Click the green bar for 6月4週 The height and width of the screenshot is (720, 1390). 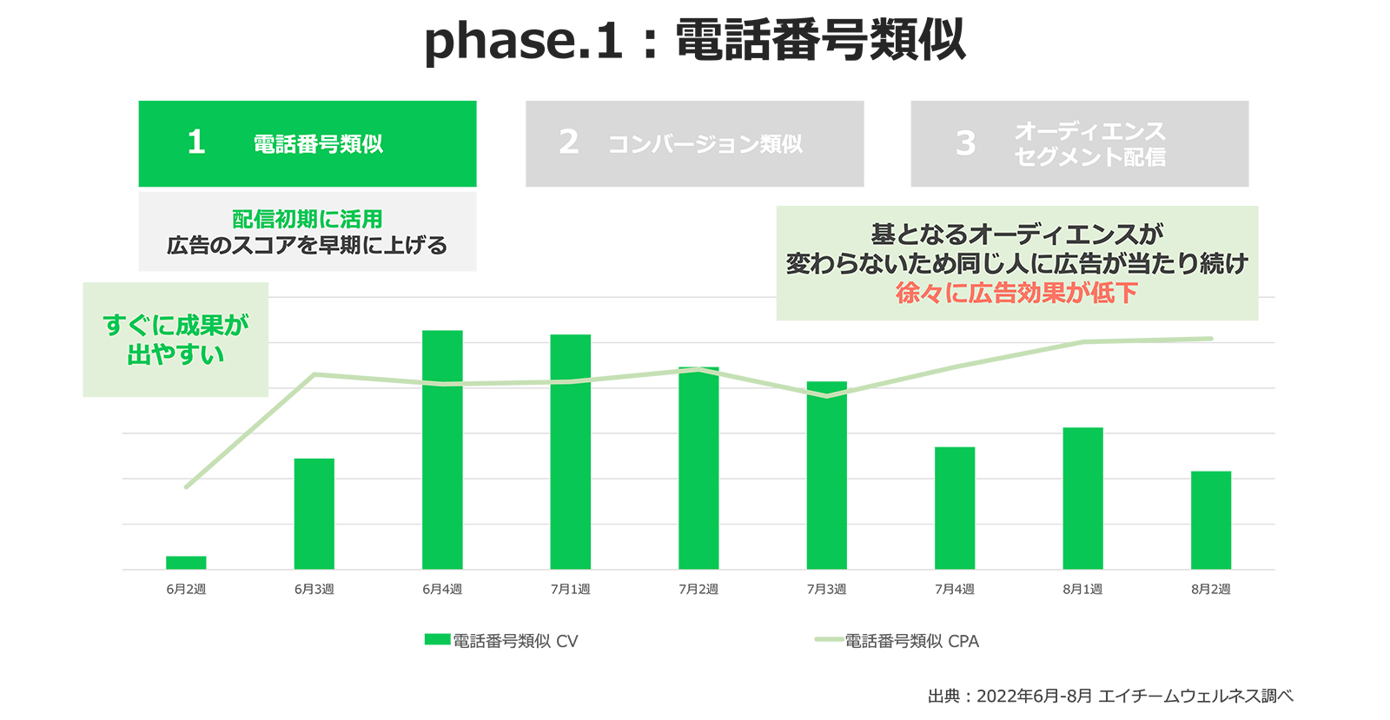[442, 450]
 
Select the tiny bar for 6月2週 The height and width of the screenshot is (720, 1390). [186, 563]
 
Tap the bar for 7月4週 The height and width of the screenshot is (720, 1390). [955, 508]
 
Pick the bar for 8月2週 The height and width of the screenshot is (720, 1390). [1211, 520]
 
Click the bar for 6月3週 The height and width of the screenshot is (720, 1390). [314, 514]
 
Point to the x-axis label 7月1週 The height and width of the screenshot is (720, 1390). [570, 589]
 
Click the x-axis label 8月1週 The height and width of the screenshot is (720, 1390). [1082, 589]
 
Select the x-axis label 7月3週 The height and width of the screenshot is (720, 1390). [826, 589]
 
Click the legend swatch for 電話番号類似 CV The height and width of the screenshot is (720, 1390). [438, 639]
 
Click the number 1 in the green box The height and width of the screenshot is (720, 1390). [196, 142]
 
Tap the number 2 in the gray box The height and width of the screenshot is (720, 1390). [569, 142]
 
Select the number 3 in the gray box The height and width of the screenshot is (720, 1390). [965, 143]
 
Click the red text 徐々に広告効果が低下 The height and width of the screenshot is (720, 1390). [1017, 293]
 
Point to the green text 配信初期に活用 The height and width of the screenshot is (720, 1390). [308, 219]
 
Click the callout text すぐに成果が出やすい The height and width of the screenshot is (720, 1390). [175, 340]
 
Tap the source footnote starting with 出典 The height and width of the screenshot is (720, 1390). [1111, 696]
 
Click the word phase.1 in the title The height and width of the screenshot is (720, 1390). [523, 41]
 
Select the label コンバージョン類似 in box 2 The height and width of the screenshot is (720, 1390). [705, 144]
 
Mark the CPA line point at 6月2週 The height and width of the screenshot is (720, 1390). [186, 487]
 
